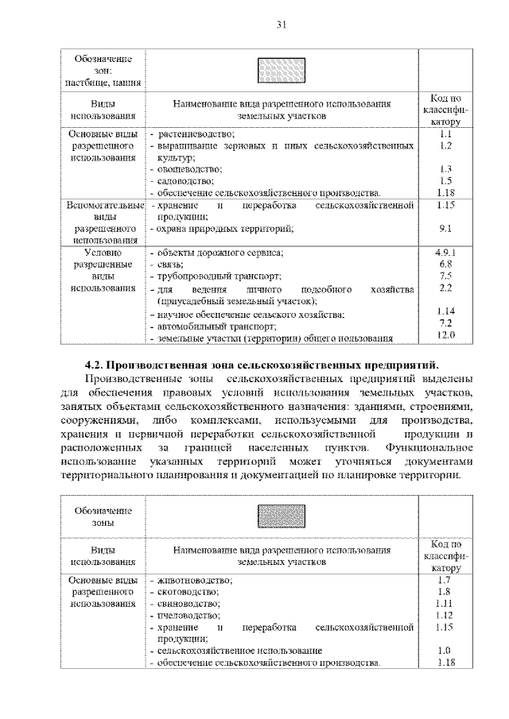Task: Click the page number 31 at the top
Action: (x=280, y=24)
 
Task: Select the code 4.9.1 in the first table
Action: (x=445, y=252)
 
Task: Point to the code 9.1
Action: (x=445, y=229)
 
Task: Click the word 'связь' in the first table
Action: (x=171, y=264)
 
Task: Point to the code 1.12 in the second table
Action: (x=445, y=615)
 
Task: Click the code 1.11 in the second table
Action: (x=445, y=603)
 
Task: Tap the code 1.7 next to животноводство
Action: (x=445, y=579)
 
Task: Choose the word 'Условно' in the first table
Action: (x=102, y=252)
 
